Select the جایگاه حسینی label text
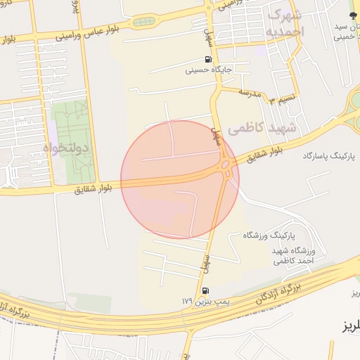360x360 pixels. point(209,70)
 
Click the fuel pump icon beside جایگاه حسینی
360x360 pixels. point(208,59)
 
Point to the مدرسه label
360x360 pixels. point(250,92)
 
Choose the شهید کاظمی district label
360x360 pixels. point(259,129)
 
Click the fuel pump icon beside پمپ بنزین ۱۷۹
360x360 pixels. point(205,290)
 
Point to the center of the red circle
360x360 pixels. point(180,179)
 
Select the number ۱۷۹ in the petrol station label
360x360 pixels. point(186,301)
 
